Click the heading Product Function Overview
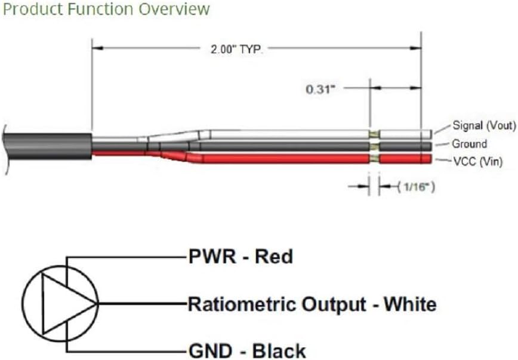(106, 10)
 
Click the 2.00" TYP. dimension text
(236, 50)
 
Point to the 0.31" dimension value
(320, 90)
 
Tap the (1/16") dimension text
(416, 187)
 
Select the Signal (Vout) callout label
(484, 125)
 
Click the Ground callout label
(469, 144)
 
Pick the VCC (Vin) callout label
(477, 162)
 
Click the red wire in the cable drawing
(284, 159)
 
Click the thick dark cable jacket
(47, 147)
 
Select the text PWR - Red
(240, 257)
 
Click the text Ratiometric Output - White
(312, 304)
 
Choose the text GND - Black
(247, 350)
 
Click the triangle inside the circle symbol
(43, 304)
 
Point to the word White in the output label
(409, 304)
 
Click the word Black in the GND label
(279, 350)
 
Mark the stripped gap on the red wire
(374, 159)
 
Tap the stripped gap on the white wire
(374, 134)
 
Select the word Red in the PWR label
(274, 257)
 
